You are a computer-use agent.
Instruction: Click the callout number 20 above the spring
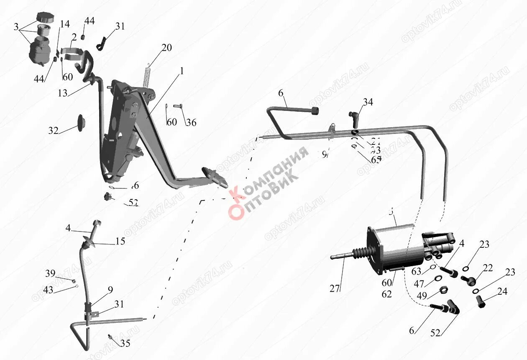166,48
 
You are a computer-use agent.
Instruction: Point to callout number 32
53,131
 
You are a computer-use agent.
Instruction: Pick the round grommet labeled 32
80,122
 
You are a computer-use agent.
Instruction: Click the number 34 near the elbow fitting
368,102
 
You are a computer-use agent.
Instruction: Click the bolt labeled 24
481,301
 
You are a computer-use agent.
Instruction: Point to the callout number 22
487,268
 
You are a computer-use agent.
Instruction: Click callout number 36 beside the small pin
191,123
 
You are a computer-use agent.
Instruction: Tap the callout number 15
120,242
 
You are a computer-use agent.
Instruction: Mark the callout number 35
125,344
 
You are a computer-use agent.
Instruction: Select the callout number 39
50,274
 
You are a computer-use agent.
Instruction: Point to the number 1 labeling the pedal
182,72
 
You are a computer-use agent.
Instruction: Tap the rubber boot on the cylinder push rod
361,253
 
